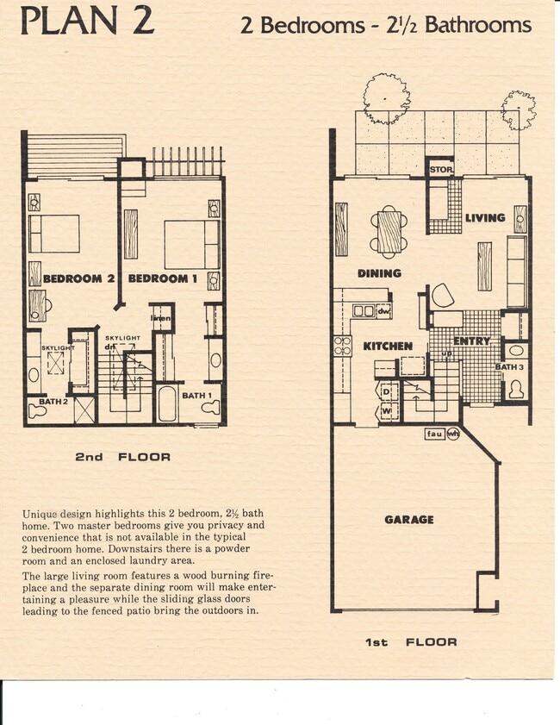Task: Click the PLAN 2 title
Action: click(87, 20)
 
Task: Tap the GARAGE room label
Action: click(409, 520)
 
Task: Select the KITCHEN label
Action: click(387, 346)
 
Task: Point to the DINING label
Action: click(380, 273)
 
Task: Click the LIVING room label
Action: click(485, 218)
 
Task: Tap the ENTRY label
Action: click(471, 341)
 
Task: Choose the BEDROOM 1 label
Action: click(158, 278)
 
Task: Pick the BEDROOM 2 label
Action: click(79, 278)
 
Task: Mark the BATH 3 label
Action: click(508, 367)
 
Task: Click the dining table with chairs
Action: click(389, 231)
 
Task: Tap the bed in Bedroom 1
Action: click(191, 244)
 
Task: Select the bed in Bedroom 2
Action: click(54, 234)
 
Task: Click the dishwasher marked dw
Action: click(383, 311)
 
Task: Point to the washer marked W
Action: click(387, 411)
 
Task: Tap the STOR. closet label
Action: click(441, 170)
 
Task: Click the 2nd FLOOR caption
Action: click(122, 457)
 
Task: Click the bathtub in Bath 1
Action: click(167, 403)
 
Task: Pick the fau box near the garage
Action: click(435, 434)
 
